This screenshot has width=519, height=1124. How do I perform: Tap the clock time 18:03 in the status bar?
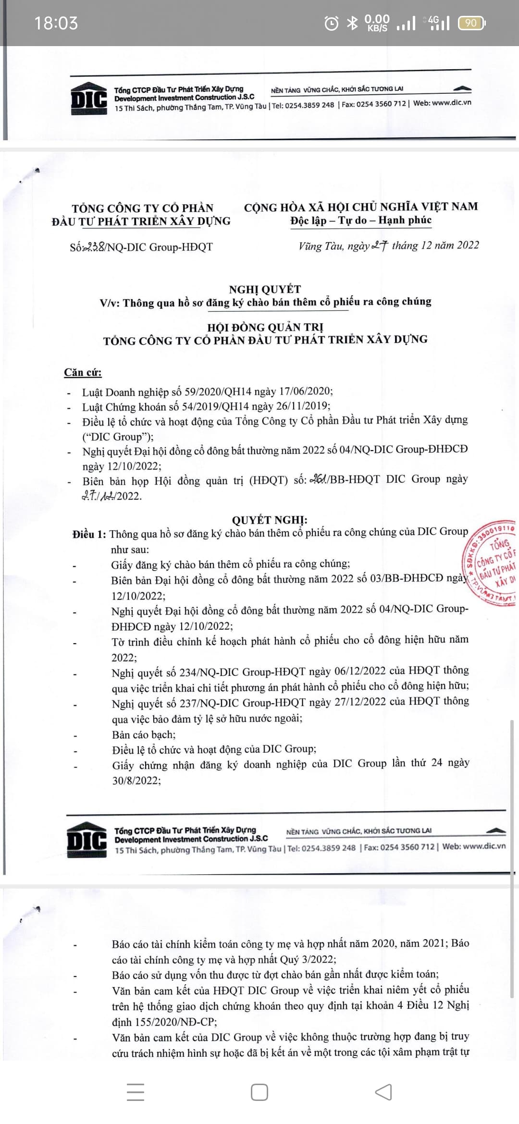pos(56,23)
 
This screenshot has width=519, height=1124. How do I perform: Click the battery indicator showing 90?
pos(472,23)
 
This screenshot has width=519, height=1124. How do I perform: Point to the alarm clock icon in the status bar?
pos(331,23)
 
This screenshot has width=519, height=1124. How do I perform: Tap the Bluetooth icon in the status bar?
pos(353,23)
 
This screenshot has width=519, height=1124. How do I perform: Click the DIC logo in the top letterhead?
pos(89,99)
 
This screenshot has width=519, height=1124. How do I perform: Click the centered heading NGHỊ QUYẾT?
pos(265,289)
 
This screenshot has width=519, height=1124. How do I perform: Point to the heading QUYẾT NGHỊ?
pos(270,520)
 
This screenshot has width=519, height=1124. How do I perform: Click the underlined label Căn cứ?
pos(83,373)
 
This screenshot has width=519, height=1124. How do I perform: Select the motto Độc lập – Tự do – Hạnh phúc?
pos(360,220)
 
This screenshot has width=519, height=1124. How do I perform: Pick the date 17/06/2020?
pos(306,391)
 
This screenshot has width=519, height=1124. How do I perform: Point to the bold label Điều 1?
pos(89,534)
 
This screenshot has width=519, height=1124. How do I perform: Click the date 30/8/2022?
pos(136,781)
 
